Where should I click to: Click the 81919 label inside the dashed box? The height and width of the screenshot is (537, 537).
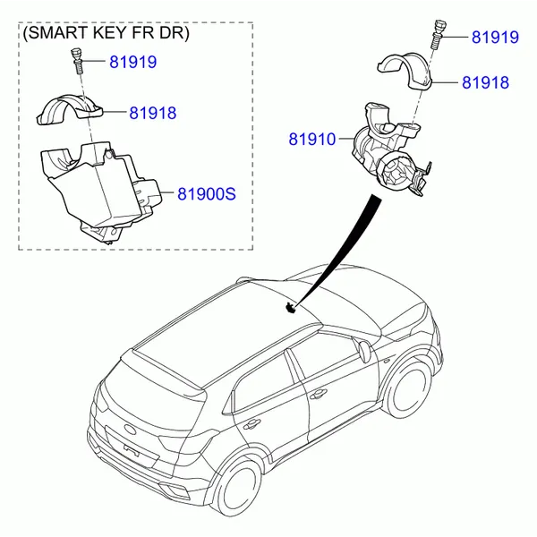tap(132, 62)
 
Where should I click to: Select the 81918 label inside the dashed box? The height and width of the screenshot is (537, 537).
tap(153, 113)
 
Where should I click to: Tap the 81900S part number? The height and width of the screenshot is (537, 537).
tap(207, 194)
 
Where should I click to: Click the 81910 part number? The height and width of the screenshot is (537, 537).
tap(312, 140)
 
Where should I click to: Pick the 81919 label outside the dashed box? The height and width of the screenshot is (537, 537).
tap(495, 38)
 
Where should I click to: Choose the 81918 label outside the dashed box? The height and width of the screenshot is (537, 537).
tap(486, 82)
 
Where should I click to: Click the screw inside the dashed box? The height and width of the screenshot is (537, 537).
tap(76, 61)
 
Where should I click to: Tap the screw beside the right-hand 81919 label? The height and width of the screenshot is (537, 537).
tap(439, 34)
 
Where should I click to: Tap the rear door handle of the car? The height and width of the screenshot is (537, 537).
tap(251, 424)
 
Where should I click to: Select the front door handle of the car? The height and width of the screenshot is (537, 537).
tap(318, 394)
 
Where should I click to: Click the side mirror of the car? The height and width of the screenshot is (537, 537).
tap(363, 351)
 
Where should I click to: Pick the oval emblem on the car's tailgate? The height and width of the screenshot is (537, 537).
tap(129, 429)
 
